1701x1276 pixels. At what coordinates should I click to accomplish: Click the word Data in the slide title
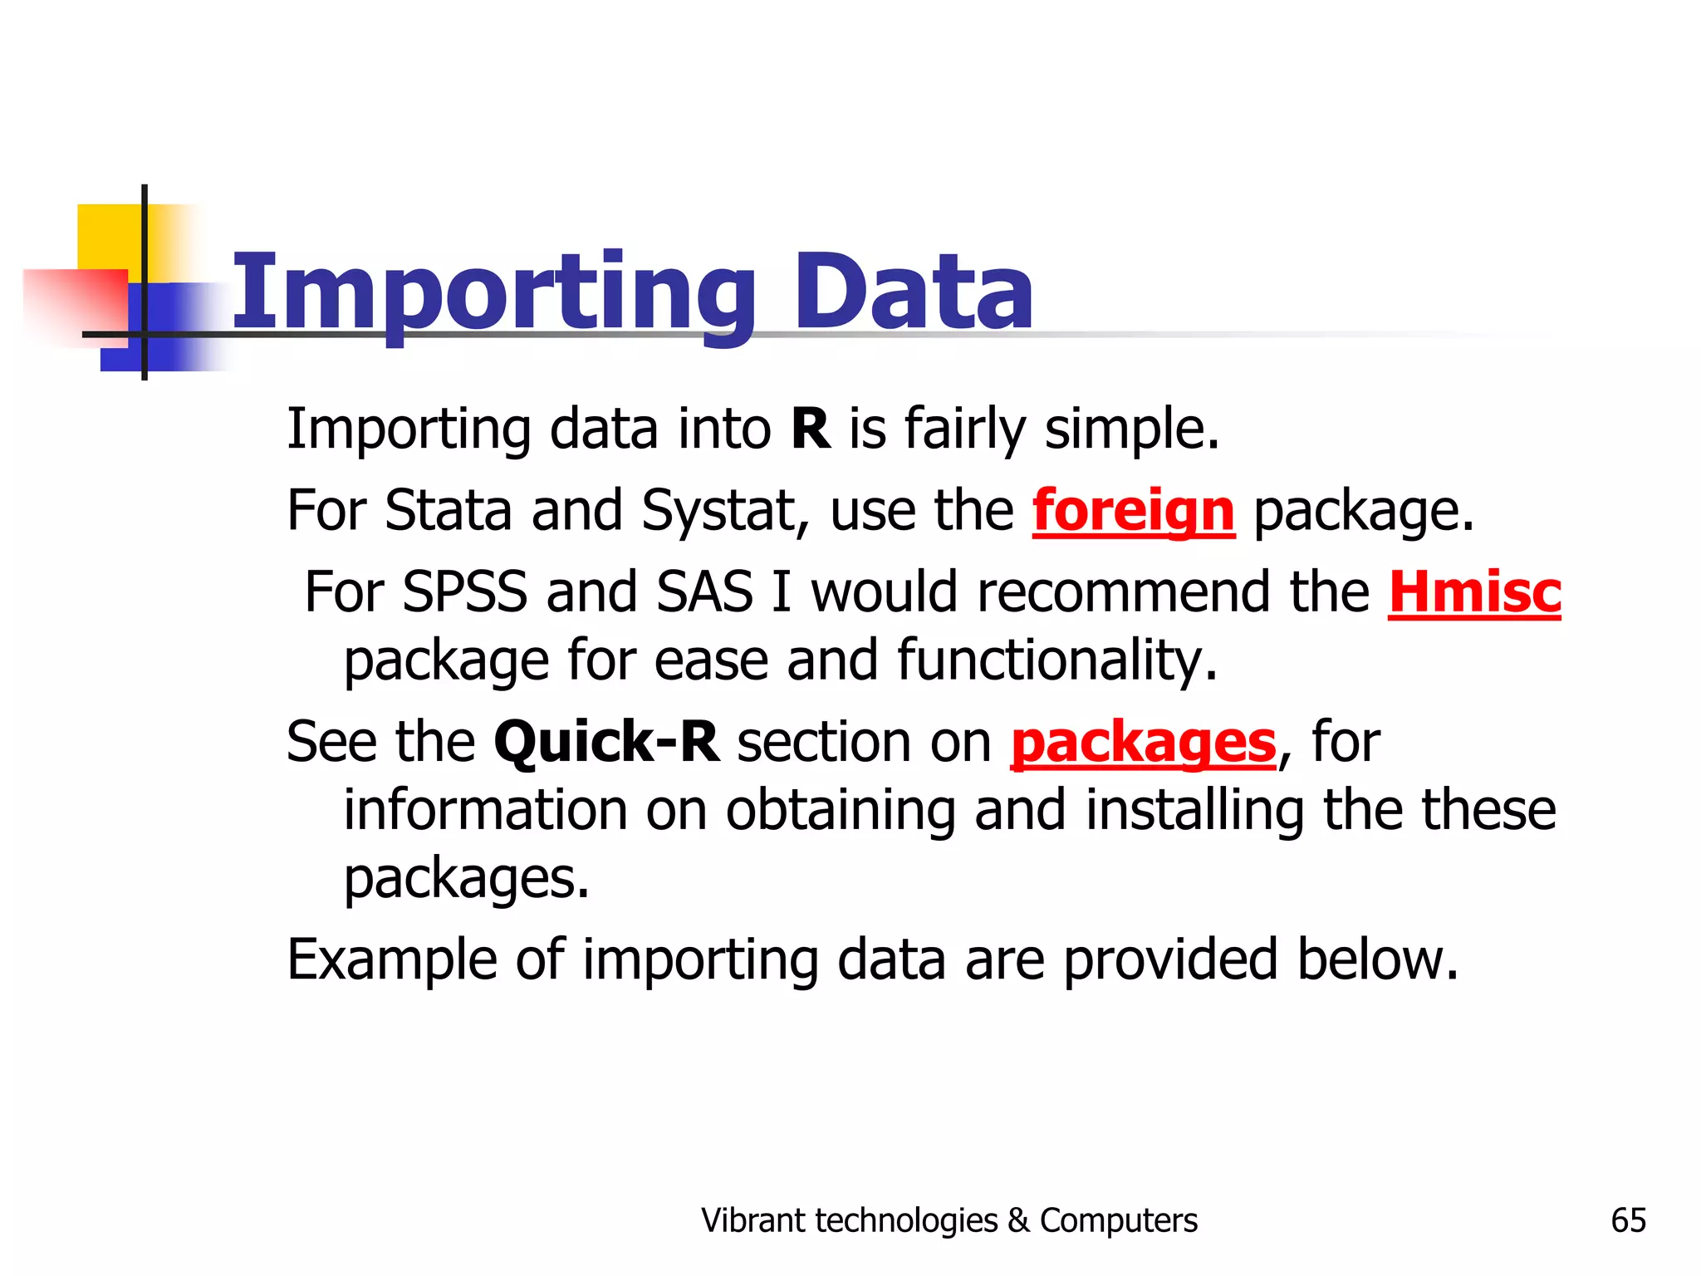(x=914, y=292)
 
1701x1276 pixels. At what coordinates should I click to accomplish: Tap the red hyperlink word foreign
(x=1133, y=510)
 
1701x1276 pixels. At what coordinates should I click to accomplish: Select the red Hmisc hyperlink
(x=1474, y=592)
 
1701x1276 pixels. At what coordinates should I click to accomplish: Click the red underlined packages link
(x=1143, y=742)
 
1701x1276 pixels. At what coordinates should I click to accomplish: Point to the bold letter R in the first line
(x=811, y=429)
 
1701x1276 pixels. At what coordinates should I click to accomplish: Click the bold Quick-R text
(x=606, y=742)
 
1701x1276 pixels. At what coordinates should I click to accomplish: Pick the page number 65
(x=1628, y=1220)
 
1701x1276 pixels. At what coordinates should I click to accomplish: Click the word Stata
(x=448, y=510)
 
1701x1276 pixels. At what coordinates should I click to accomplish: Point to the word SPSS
(x=464, y=592)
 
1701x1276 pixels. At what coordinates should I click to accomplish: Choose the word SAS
(x=704, y=592)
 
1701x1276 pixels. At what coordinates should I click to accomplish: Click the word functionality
(x=1056, y=661)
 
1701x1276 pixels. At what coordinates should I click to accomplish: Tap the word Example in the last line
(x=390, y=960)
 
